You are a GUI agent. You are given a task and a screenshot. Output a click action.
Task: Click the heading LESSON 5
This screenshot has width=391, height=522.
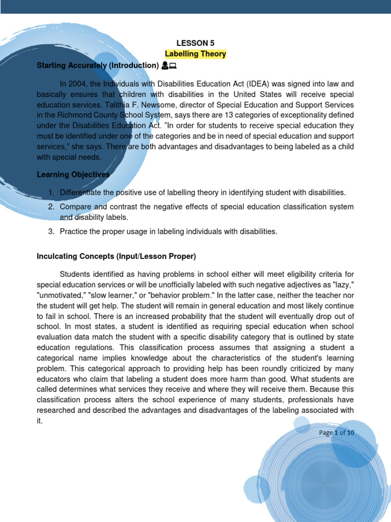(195, 43)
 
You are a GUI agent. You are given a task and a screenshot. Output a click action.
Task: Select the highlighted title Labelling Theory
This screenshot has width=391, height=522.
(195, 54)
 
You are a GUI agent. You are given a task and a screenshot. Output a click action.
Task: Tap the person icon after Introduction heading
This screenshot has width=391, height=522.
(165, 65)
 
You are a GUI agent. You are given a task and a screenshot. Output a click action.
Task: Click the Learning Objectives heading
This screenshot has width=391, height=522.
(73, 175)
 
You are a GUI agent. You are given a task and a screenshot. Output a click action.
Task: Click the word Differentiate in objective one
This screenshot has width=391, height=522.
(81, 193)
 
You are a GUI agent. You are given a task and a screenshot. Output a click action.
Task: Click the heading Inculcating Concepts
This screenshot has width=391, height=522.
(116, 256)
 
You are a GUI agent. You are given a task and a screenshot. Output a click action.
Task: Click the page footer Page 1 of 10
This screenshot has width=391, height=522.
(337, 433)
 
